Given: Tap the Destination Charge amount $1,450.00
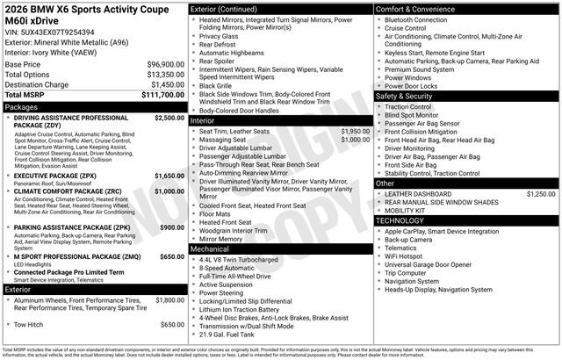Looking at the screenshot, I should (161, 84).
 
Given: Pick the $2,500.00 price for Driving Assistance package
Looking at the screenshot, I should (169, 118).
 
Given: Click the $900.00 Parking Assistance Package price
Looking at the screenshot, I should (172, 228).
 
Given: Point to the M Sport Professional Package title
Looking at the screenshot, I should (77, 256).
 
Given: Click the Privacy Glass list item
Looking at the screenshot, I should (225, 37).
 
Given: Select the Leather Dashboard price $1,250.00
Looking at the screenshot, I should (540, 193).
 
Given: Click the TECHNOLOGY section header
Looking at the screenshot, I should (405, 220).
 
